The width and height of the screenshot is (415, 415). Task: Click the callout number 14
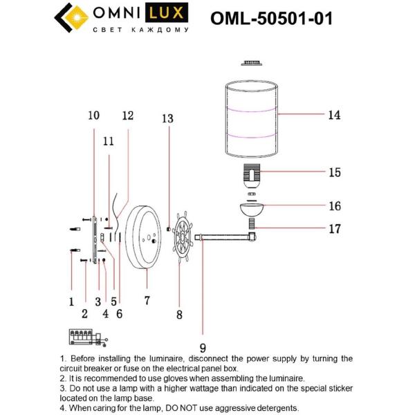coord(334,116)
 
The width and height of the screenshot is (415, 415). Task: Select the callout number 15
coord(334,172)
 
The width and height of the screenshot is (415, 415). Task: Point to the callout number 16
coord(334,205)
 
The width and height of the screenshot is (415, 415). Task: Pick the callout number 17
coord(334,228)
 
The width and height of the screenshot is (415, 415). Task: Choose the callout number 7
coord(147,301)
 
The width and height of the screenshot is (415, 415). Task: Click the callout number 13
coord(167,119)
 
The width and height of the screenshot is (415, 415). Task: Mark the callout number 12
coord(127,116)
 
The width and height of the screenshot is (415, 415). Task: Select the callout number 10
coord(94,116)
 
